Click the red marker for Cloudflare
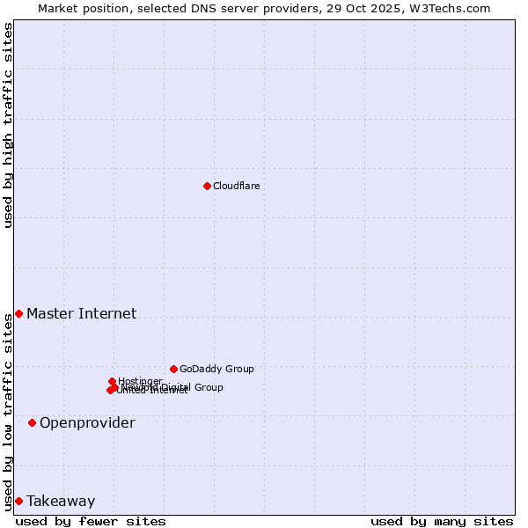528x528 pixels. pyautogui.click(x=207, y=186)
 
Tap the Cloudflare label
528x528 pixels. pyautogui.click(x=237, y=186)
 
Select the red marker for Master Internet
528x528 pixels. pyautogui.click(x=18, y=314)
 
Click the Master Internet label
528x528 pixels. pyautogui.click(x=81, y=314)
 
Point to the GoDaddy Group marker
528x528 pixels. pyautogui.click(x=173, y=369)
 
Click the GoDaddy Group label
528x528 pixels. pyautogui.click(x=216, y=370)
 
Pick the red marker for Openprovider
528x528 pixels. pyautogui.click(x=32, y=423)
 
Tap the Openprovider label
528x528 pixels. pyautogui.click(x=87, y=423)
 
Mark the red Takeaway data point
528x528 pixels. pyautogui.click(x=18, y=502)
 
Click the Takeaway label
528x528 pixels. pyautogui.click(x=61, y=502)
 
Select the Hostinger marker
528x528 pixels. pyautogui.click(x=113, y=381)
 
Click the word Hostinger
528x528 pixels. pyautogui.click(x=141, y=381)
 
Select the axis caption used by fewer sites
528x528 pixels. pyautogui.click(x=91, y=522)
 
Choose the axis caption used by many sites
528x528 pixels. pyautogui.click(x=442, y=522)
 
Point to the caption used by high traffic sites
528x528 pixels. pyautogui.click(x=9, y=125)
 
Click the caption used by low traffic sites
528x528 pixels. pyautogui.click(x=9, y=411)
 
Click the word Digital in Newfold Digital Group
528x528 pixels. pyautogui.click(x=178, y=387)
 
